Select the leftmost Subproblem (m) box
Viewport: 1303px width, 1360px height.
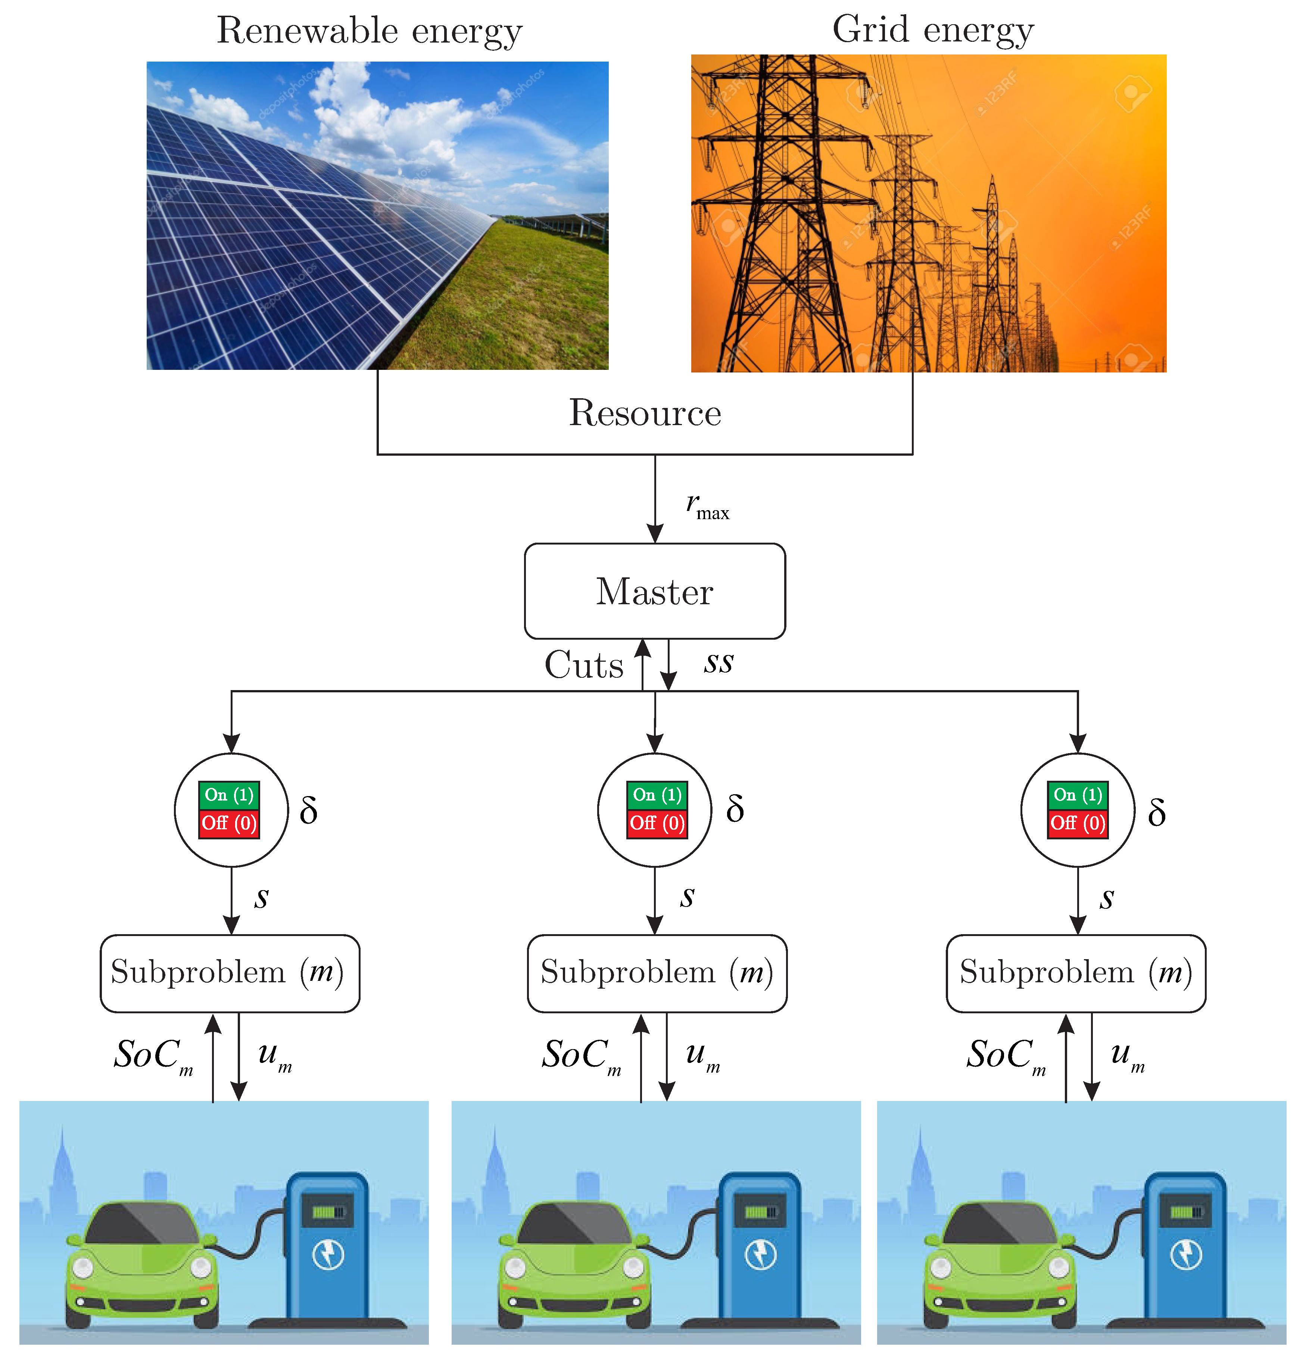pos(230,973)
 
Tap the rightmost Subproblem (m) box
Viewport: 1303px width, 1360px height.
pos(1075,973)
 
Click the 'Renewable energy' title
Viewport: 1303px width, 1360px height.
pos(369,31)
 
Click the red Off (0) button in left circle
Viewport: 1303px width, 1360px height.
pos(229,824)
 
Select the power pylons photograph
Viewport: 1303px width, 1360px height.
pos(928,214)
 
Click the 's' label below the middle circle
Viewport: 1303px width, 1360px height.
pos(687,896)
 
